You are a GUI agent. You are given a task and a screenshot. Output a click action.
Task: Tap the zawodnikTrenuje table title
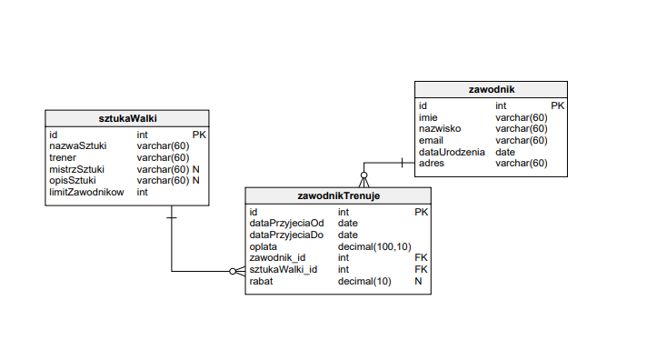(x=338, y=195)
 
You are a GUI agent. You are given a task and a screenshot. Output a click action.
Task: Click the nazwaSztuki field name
(x=79, y=145)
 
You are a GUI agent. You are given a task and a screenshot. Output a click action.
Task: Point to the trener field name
(x=63, y=157)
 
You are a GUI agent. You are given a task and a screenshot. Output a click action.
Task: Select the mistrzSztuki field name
(x=76, y=169)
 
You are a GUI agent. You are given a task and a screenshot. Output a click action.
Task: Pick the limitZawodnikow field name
(x=85, y=193)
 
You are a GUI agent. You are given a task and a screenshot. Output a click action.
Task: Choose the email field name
(x=431, y=140)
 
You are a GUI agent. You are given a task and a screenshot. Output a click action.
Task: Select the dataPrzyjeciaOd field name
(x=286, y=223)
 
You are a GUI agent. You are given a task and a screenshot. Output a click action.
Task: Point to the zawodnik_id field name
(x=277, y=258)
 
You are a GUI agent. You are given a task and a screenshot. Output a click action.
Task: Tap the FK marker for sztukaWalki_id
(x=421, y=270)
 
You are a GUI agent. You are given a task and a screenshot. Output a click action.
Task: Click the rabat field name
(x=262, y=282)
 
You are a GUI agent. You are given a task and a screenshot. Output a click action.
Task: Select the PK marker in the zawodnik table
(x=557, y=105)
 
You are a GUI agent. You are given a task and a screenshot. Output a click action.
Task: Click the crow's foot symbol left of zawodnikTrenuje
(x=237, y=271)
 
